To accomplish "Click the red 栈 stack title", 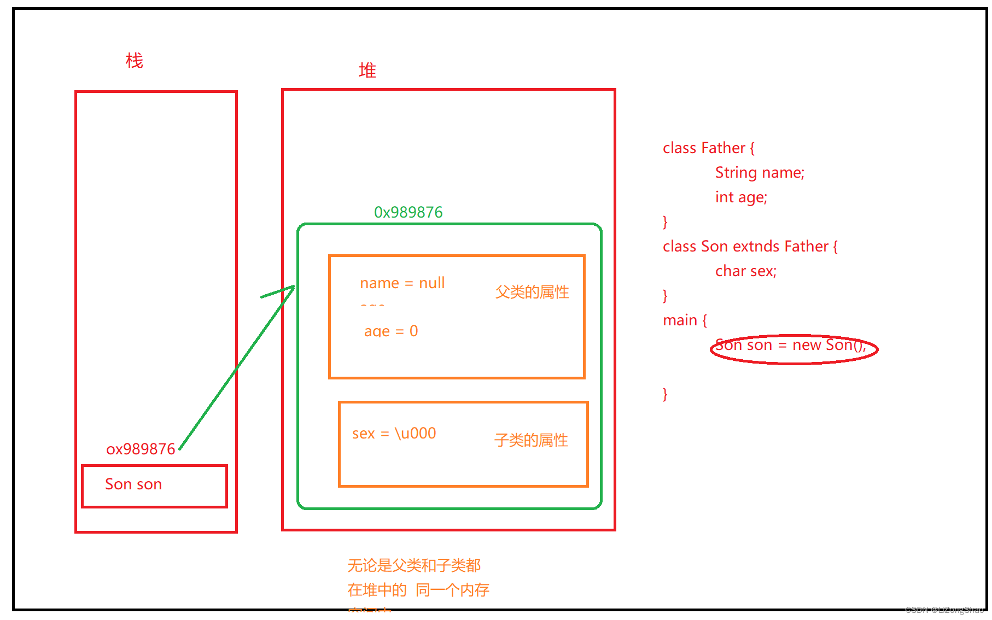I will click(x=135, y=61).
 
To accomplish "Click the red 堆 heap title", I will click(x=367, y=71).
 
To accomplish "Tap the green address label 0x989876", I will click(x=408, y=212).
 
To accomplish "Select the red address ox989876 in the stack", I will click(x=141, y=449).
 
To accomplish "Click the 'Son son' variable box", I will click(x=154, y=486).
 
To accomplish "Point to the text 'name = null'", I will click(x=402, y=283).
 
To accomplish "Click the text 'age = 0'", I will click(x=391, y=331).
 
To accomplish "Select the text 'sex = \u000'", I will click(x=394, y=434).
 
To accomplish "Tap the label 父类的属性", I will click(x=532, y=292).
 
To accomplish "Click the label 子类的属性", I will click(x=531, y=440).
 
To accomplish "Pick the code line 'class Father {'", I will click(x=708, y=148).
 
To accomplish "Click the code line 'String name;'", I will click(x=760, y=173).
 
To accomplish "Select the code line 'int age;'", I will click(x=741, y=197).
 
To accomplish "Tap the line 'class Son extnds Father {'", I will click(x=750, y=247).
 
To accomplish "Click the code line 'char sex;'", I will click(x=746, y=271).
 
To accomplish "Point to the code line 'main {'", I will click(x=685, y=320).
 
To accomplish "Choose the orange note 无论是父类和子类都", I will click(x=414, y=565).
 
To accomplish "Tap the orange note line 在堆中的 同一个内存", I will click(x=418, y=590).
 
